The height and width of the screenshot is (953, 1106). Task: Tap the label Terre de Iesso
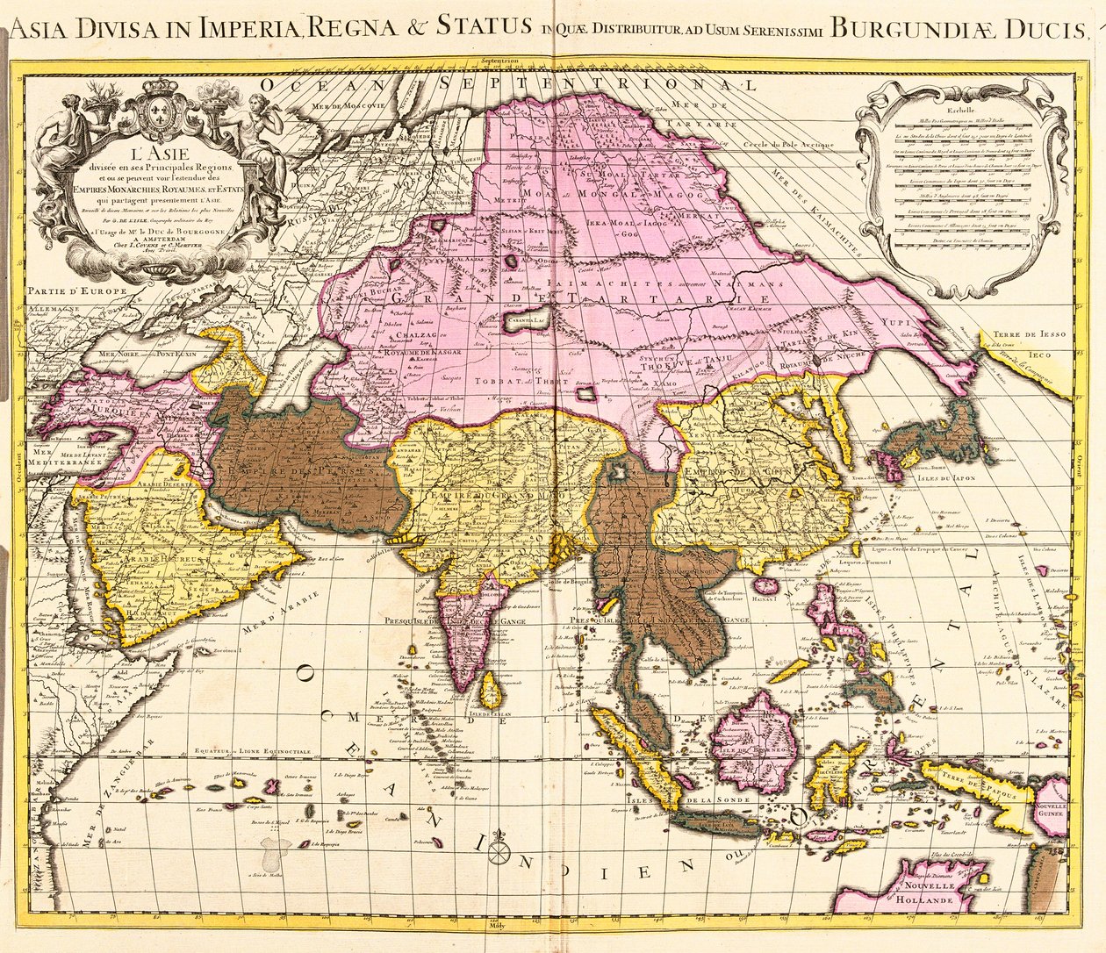(1019, 333)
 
